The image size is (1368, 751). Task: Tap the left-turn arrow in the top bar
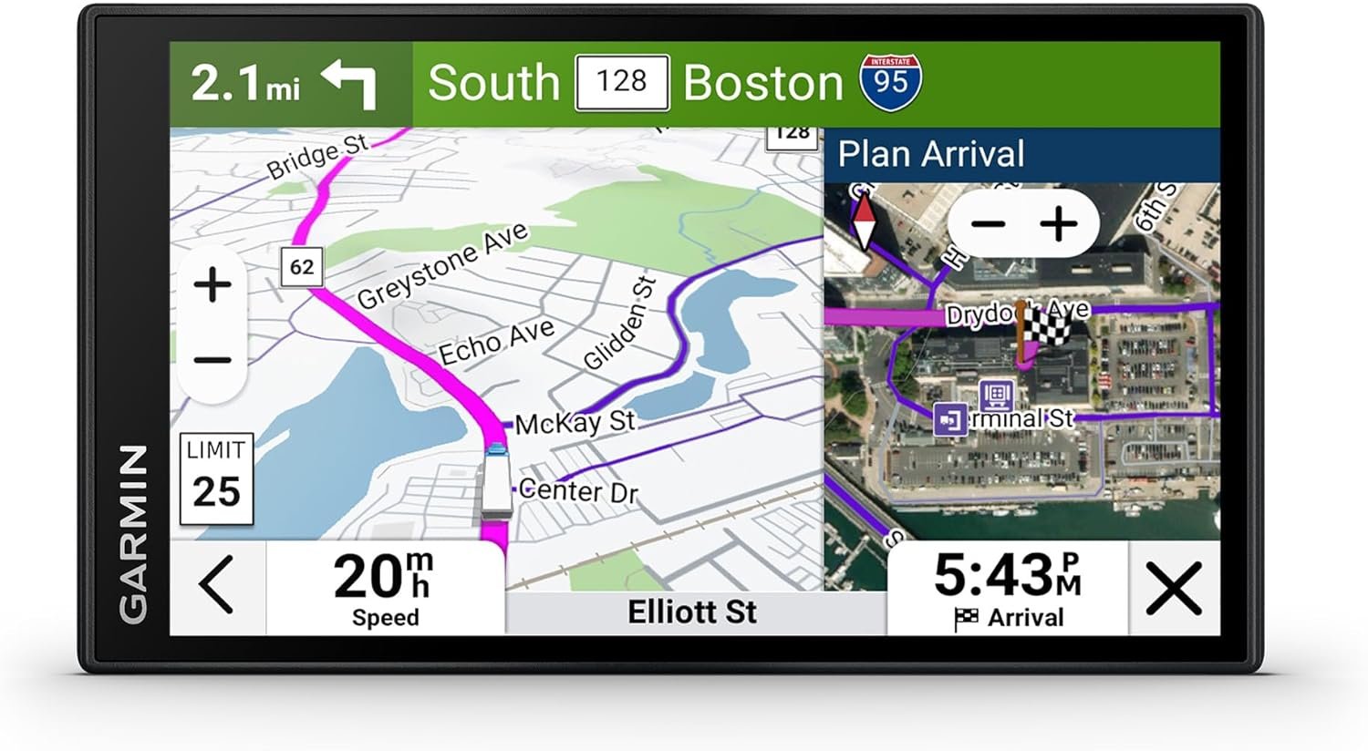[x=350, y=84]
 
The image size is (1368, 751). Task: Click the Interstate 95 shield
[x=889, y=82]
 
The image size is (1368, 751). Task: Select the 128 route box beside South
[x=622, y=82]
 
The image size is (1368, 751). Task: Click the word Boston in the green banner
[x=763, y=83]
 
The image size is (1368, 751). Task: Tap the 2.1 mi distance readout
[x=245, y=84]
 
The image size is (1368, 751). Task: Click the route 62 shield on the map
[x=302, y=267]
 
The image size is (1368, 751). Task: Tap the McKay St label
[x=575, y=422]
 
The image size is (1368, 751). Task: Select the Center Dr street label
[x=578, y=491]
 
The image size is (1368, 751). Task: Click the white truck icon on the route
[x=496, y=483]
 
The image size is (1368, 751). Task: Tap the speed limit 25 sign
[x=216, y=479]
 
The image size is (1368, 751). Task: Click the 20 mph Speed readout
[x=385, y=588]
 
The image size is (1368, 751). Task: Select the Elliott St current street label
[x=692, y=612]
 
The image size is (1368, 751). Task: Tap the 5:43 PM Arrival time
[x=1008, y=588]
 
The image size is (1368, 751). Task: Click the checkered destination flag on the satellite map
[x=1047, y=324]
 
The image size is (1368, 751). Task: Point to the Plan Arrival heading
[x=931, y=154]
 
